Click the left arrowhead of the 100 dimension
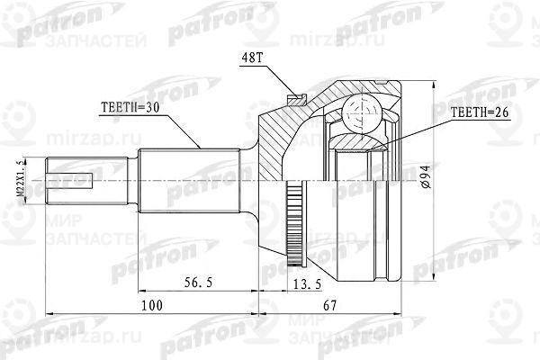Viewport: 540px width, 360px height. click(x=48, y=313)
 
